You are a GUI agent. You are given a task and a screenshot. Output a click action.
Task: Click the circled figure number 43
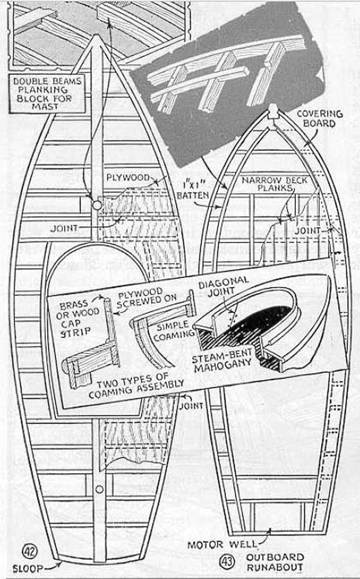click(x=226, y=562)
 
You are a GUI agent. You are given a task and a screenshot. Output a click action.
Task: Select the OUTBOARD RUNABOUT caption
click(x=275, y=562)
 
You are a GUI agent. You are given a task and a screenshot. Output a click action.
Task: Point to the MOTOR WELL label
click(x=222, y=544)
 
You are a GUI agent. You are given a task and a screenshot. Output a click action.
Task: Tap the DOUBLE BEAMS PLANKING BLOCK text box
click(x=48, y=94)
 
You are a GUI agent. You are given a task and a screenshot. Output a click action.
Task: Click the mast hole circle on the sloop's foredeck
click(x=96, y=205)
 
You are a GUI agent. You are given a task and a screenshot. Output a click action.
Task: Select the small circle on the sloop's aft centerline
click(x=99, y=490)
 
